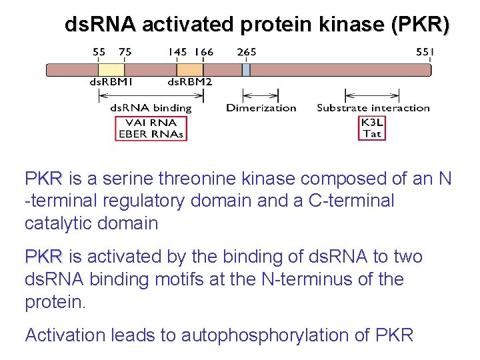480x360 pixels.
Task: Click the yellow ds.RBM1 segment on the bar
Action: click(x=111, y=70)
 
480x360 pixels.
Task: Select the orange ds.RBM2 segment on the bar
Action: click(x=190, y=70)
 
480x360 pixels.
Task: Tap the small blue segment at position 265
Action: click(x=246, y=70)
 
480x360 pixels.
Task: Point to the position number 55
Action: click(x=99, y=51)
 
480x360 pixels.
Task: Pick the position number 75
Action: click(x=125, y=51)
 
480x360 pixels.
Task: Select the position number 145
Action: click(x=178, y=51)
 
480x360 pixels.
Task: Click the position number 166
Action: click(x=204, y=51)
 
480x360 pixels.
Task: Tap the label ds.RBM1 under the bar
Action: click(x=112, y=82)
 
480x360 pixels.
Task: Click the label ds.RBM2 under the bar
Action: click(x=189, y=82)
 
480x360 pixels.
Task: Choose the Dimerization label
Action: click(x=261, y=108)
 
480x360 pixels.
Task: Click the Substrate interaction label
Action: click(x=373, y=108)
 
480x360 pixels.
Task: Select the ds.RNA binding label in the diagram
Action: click(x=151, y=108)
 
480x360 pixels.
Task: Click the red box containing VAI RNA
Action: click(x=151, y=128)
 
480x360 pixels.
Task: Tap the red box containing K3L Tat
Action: click(x=372, y=128)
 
